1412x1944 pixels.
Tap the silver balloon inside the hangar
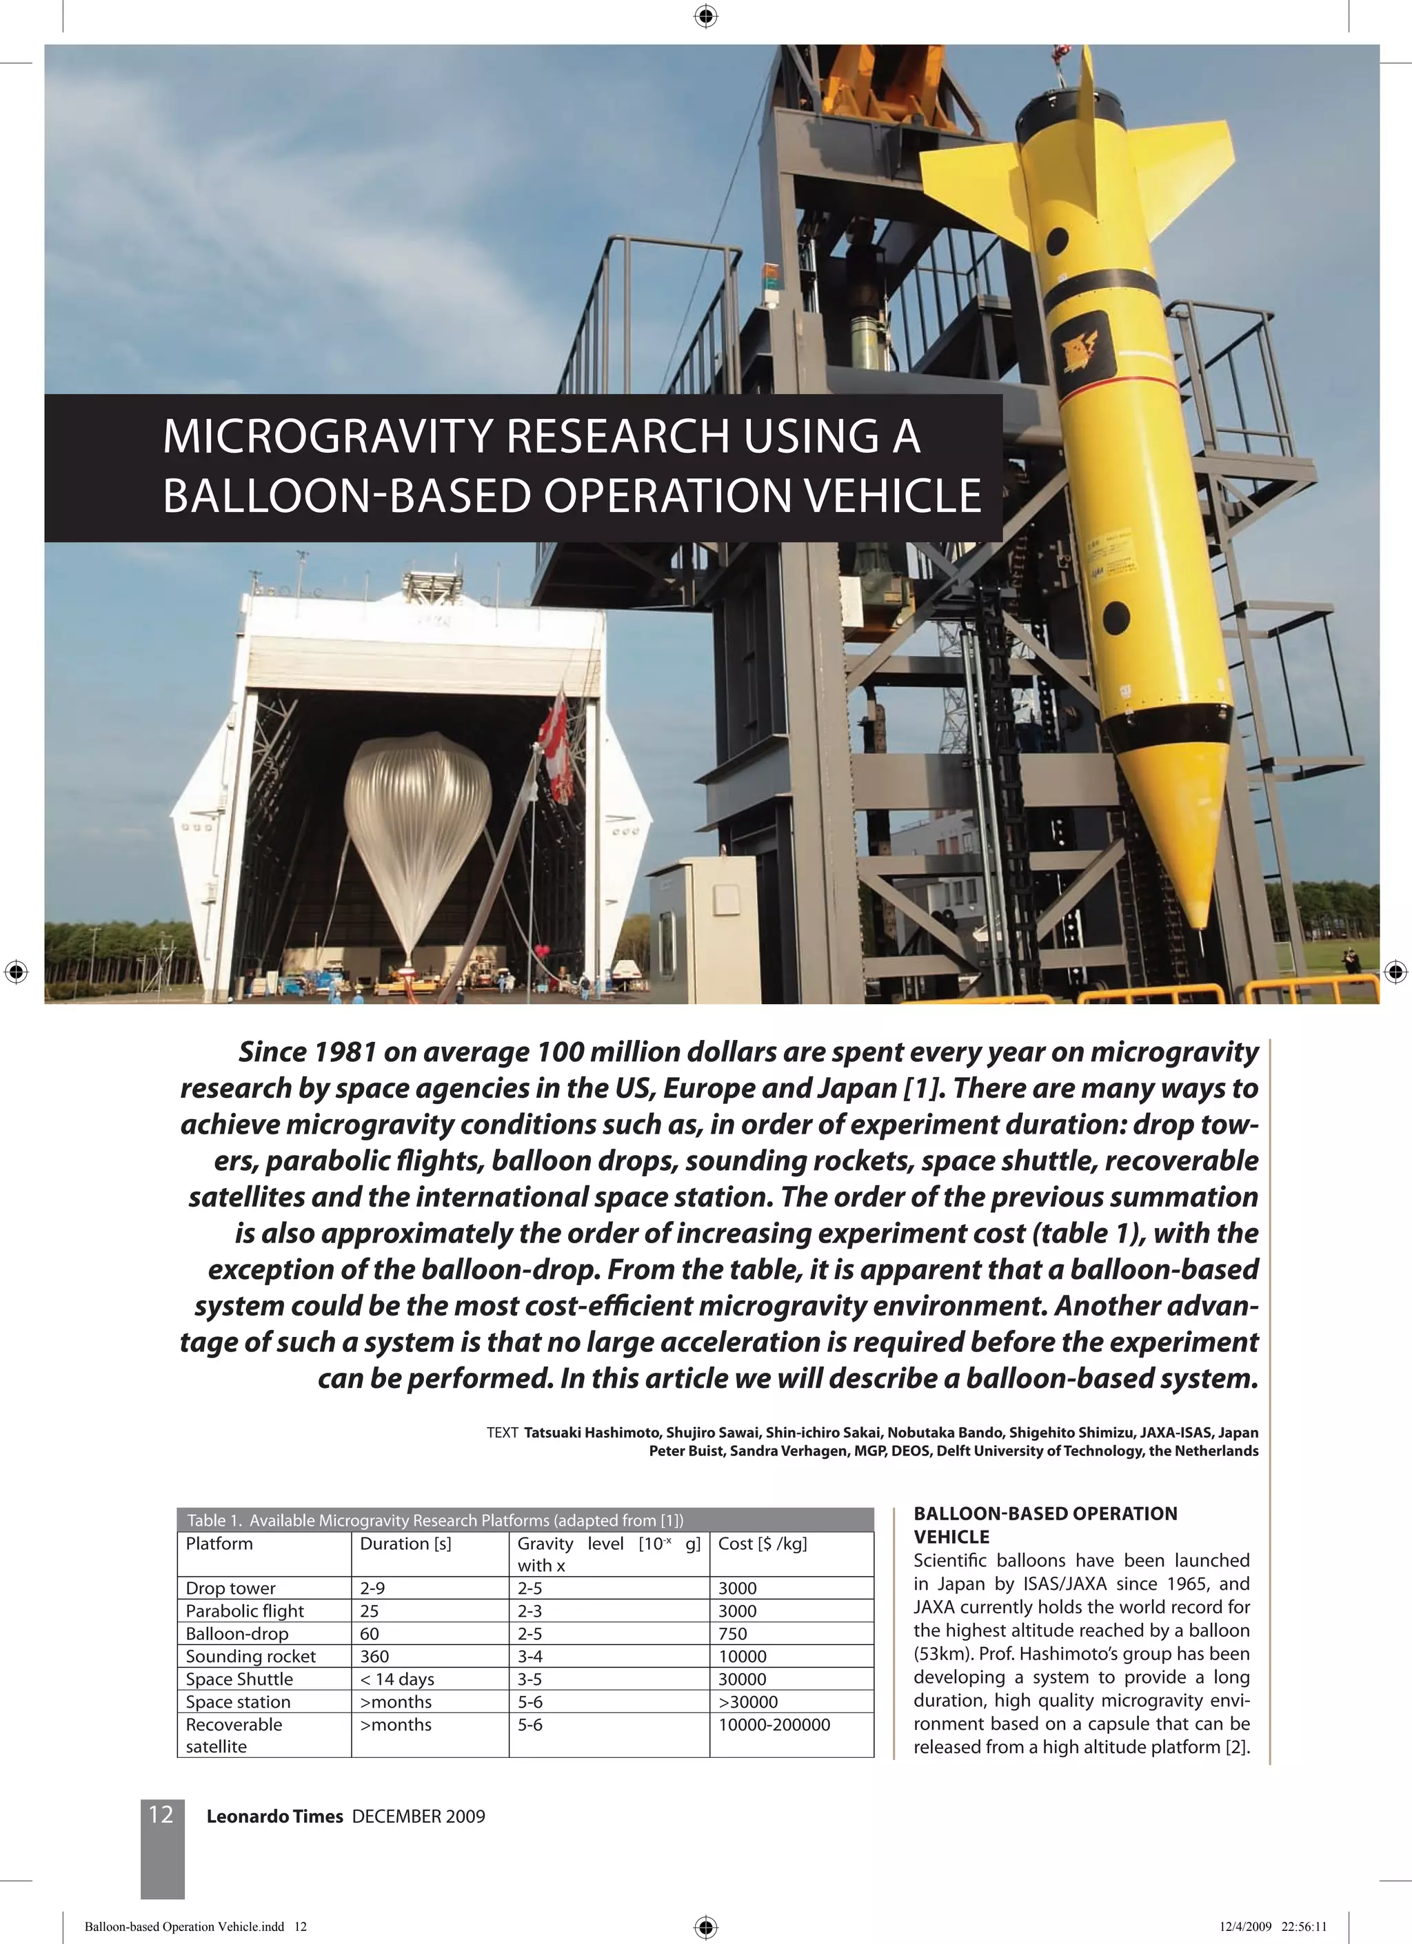pos(418,823)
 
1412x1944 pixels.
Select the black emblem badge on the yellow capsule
pos(1085,347)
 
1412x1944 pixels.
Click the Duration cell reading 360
pos(374,1656)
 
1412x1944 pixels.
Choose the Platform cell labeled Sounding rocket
pos(250,1656)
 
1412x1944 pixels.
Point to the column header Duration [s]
pos(405,1544)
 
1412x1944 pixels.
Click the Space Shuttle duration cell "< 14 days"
pos(397,1679)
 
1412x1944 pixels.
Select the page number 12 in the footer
pos(161,1814)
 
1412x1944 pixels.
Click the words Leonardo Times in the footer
pos(274,1817)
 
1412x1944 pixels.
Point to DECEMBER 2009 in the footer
pos(418,1817)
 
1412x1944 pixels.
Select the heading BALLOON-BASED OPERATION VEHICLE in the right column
pos(1045,1525)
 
